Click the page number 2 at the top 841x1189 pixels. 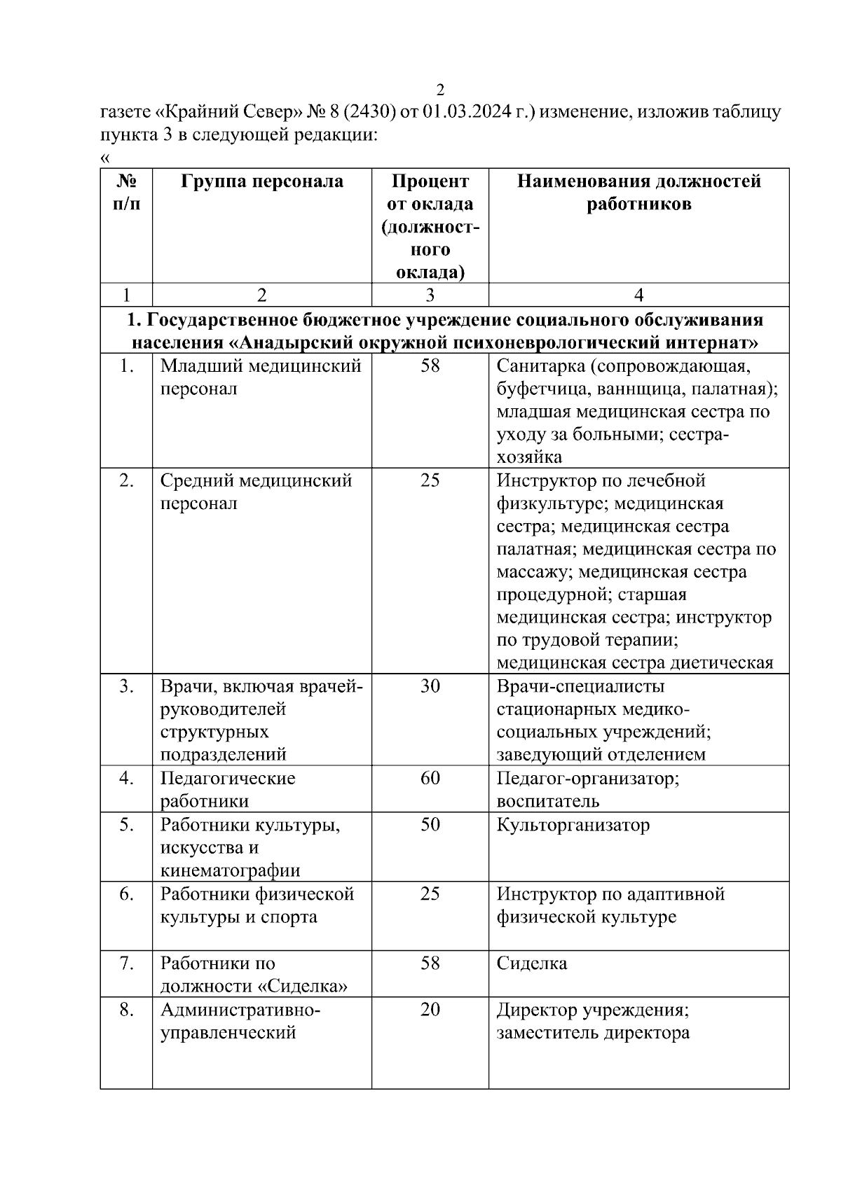point(440,90)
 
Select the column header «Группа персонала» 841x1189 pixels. point(262,181)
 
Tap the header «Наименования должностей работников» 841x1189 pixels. point(638,193)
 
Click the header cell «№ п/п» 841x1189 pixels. point(126,193)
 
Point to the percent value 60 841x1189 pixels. point(430,778)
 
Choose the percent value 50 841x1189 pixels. point(430,824)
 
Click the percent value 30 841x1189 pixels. point(430,686)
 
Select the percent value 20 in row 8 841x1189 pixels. point(430,1010)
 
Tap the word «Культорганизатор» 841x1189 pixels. point(573,825)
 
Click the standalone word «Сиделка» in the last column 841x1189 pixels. point(531,964)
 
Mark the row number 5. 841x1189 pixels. point(126,824)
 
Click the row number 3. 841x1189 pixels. point(126,686)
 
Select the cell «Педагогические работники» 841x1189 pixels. point(227,789)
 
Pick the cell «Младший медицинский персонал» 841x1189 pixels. point(260,377)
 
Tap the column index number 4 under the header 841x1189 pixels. point(638,295)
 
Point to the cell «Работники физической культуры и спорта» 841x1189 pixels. point(257,905)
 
